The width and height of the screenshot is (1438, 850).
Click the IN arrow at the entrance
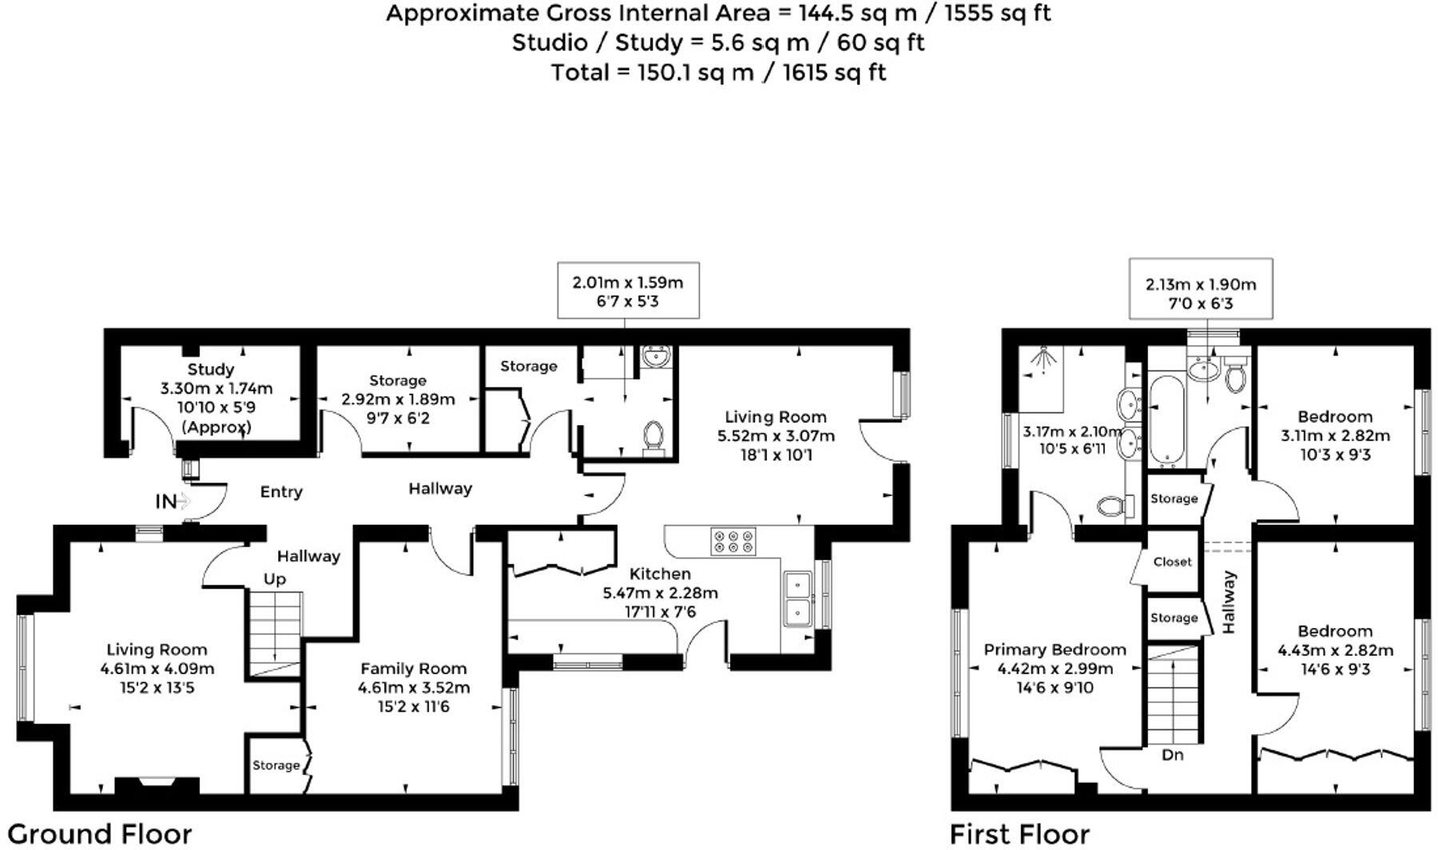tap(183, 502)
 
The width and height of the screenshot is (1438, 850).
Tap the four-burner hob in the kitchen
tap(733, 542)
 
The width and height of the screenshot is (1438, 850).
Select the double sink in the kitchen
tap(796, 599)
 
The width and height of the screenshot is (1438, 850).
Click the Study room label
tap(211, 369)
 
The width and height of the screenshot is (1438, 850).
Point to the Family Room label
tap(413, 669)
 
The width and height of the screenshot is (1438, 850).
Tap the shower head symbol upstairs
tap(1041, 359)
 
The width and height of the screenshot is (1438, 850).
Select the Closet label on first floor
tap(1172, 562)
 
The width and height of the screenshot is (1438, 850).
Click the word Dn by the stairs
tap(1172, 755)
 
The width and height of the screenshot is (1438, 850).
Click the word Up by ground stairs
tap(274, 579)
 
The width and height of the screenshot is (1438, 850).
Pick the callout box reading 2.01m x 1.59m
tap(628, 291)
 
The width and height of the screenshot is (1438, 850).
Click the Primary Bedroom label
tap(1055, 649)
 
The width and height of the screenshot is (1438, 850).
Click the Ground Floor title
tap(100, 834)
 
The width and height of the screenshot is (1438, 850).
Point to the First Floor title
tap(1019, 834)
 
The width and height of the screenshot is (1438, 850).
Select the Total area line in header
tap(718, 73)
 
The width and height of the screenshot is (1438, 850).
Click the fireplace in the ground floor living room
tap(157, 786)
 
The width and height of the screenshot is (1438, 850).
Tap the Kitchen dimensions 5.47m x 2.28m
tap(660, 593)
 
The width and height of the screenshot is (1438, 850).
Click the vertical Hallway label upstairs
tap(1228, 602)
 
